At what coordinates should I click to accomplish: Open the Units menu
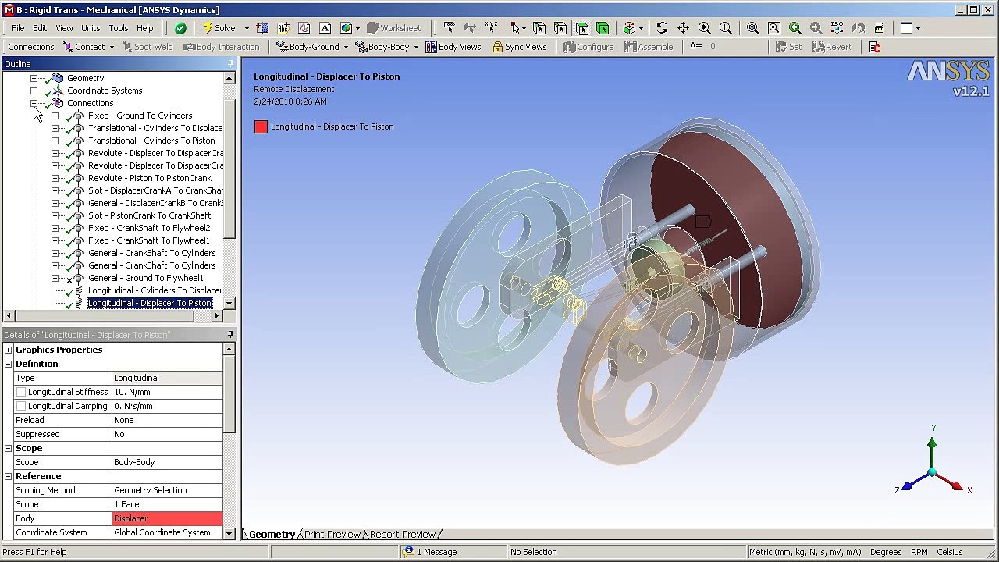(91, 28)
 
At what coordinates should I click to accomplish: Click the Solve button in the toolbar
(219, 28)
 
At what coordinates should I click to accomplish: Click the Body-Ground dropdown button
(309, 47)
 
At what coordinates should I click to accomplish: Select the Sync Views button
(519, 47)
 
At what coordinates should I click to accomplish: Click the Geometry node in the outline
(85, 78)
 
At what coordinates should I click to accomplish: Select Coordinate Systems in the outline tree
(104, 91)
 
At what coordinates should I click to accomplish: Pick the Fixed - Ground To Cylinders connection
(140, 116)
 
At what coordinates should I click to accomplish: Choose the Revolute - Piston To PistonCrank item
(149, 178)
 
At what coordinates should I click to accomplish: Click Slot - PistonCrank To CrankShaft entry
(149, 215)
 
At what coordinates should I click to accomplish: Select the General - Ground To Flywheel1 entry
(145, 278)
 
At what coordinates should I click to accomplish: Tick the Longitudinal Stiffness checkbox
(21, 392)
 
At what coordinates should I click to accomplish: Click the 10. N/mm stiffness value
(167, 392)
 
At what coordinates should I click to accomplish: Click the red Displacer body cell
(167, 518)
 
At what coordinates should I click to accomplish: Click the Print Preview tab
(332, 535)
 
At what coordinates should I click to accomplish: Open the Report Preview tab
(402, 535)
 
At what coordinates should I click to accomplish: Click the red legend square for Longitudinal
(261, 126)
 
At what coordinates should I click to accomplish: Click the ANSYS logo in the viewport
(947, 73)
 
